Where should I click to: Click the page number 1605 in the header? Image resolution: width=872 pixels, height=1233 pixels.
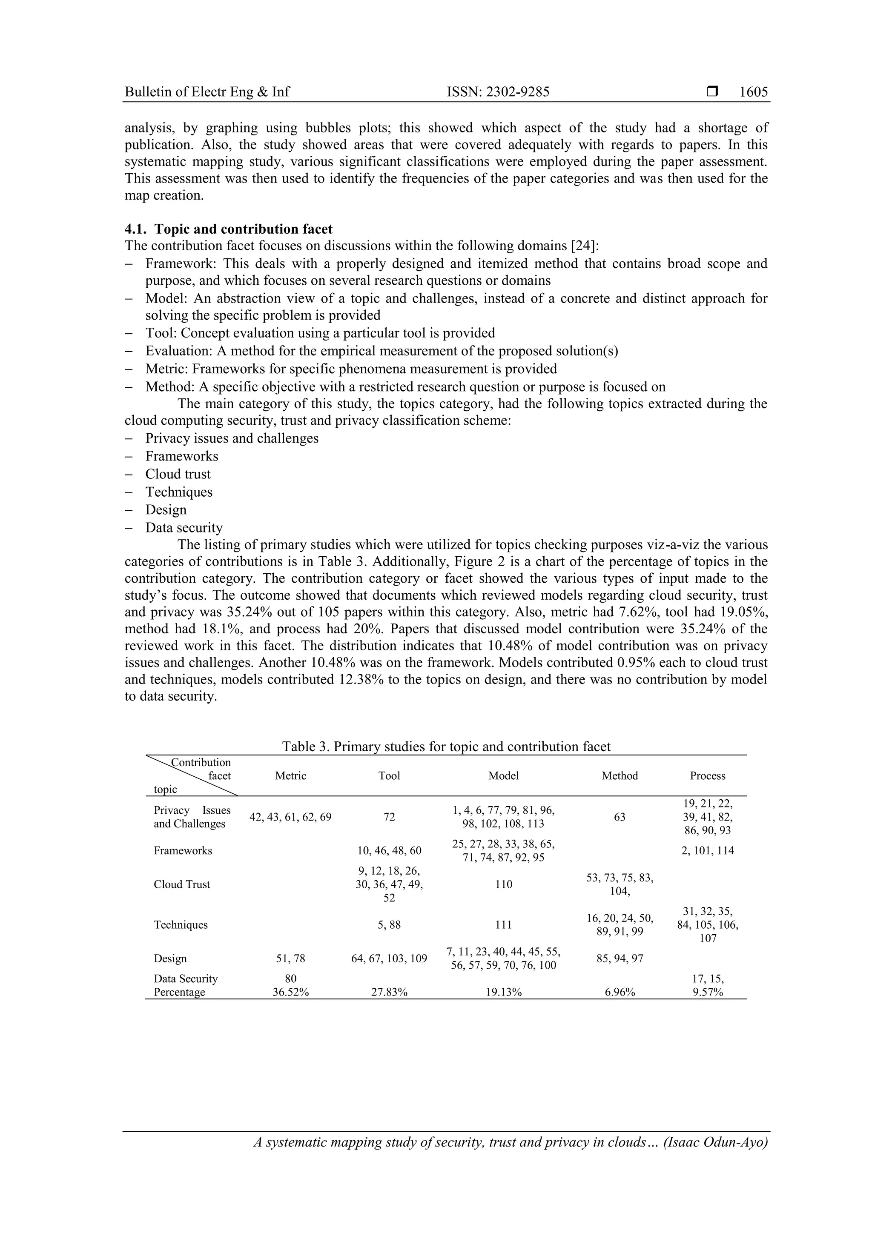753,92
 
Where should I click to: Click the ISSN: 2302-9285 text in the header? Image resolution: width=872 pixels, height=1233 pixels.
498,92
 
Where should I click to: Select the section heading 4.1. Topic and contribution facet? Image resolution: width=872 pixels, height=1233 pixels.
229,229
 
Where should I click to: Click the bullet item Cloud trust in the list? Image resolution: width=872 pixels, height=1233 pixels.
178,474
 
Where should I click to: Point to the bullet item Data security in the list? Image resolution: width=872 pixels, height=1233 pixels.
184,527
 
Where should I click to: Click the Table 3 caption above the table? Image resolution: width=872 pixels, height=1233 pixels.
446,747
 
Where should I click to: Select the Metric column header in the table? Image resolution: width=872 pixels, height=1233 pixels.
291,775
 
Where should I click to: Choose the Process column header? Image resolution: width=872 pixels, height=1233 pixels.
708,775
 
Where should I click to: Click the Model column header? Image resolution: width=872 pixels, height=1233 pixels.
503,775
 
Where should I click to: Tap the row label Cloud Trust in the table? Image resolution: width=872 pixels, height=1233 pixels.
182,884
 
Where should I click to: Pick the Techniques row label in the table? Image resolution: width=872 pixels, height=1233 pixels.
181,925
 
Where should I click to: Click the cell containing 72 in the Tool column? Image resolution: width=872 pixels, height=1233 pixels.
389,817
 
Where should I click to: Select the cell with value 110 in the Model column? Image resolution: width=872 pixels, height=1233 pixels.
503,884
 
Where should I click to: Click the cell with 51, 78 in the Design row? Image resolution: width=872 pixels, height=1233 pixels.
291,958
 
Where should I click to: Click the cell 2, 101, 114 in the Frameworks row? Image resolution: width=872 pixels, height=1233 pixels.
708,851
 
